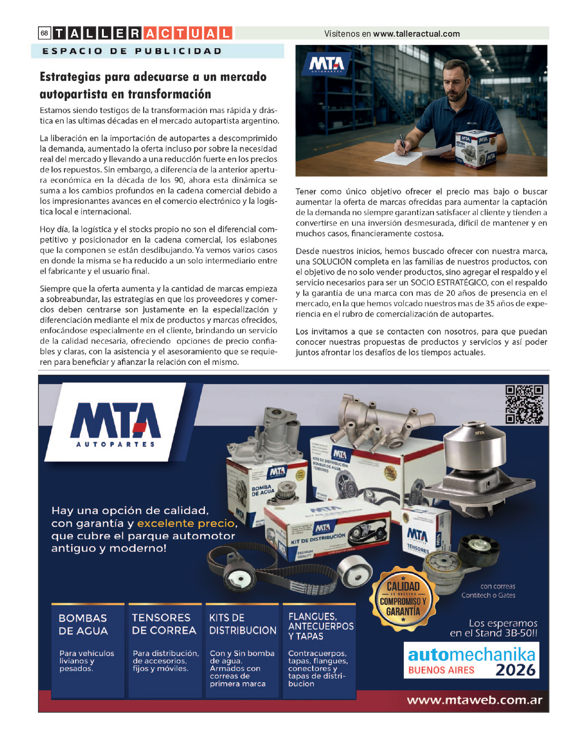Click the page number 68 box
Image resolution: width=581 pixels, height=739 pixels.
[44, 33]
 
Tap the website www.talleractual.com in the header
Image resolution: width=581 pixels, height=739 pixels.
[416, 34]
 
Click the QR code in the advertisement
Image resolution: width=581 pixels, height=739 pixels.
[524, 404]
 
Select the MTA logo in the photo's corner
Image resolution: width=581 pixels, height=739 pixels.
[327, 64]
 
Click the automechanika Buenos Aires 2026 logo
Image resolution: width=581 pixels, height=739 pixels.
[471, 660]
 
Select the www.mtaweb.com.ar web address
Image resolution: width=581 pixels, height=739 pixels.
[475, 700]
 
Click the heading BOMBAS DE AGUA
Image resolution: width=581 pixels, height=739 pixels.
[83, 624]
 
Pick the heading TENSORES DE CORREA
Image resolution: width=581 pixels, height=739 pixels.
[164, 624]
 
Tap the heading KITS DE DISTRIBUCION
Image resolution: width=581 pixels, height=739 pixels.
[242, 624]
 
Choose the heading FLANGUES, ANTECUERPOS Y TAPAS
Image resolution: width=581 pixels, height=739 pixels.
[321, 626]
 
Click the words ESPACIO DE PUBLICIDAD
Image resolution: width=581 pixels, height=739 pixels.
[132, 51]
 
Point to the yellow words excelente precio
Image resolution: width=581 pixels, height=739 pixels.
[186, 523]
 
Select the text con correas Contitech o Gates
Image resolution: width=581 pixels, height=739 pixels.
[488, 591]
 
